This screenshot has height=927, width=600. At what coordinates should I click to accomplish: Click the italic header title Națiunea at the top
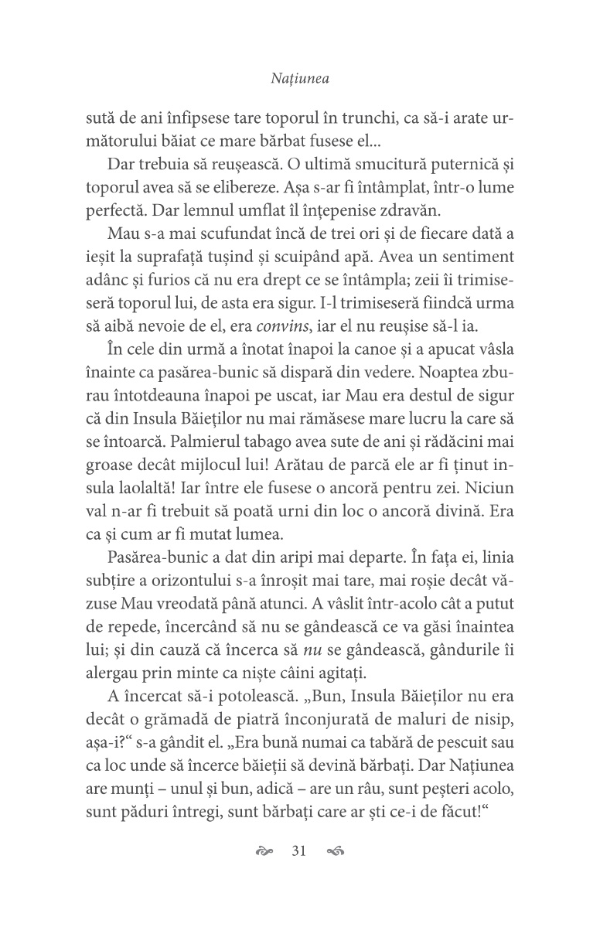tap(300, 78)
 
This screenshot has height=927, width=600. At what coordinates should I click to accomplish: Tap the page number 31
tap(299, 852)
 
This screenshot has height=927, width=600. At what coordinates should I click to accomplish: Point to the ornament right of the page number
tap(336, 853)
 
